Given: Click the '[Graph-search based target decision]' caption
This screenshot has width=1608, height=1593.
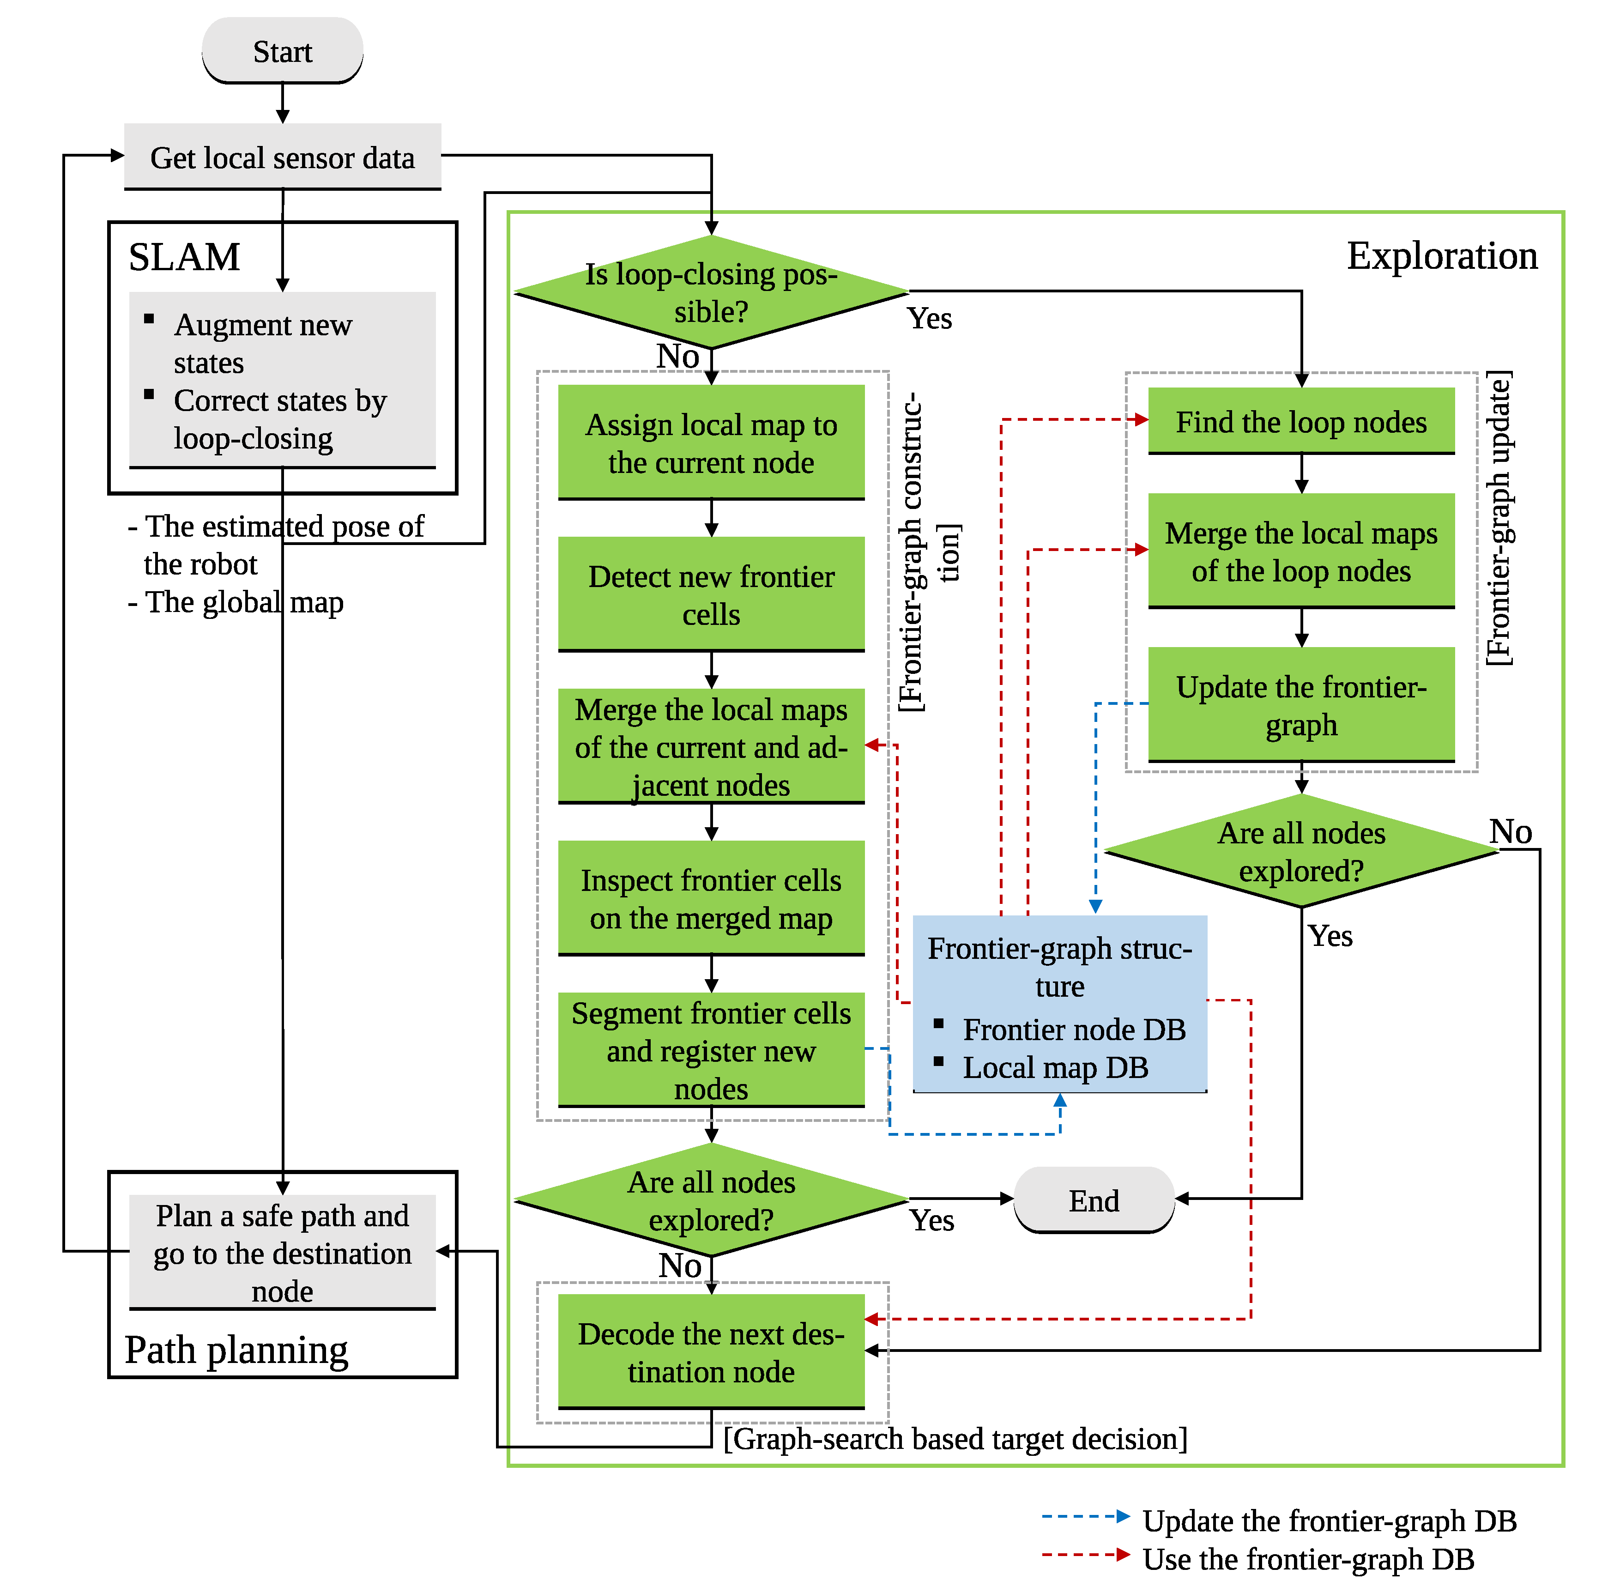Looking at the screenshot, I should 955,1438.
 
